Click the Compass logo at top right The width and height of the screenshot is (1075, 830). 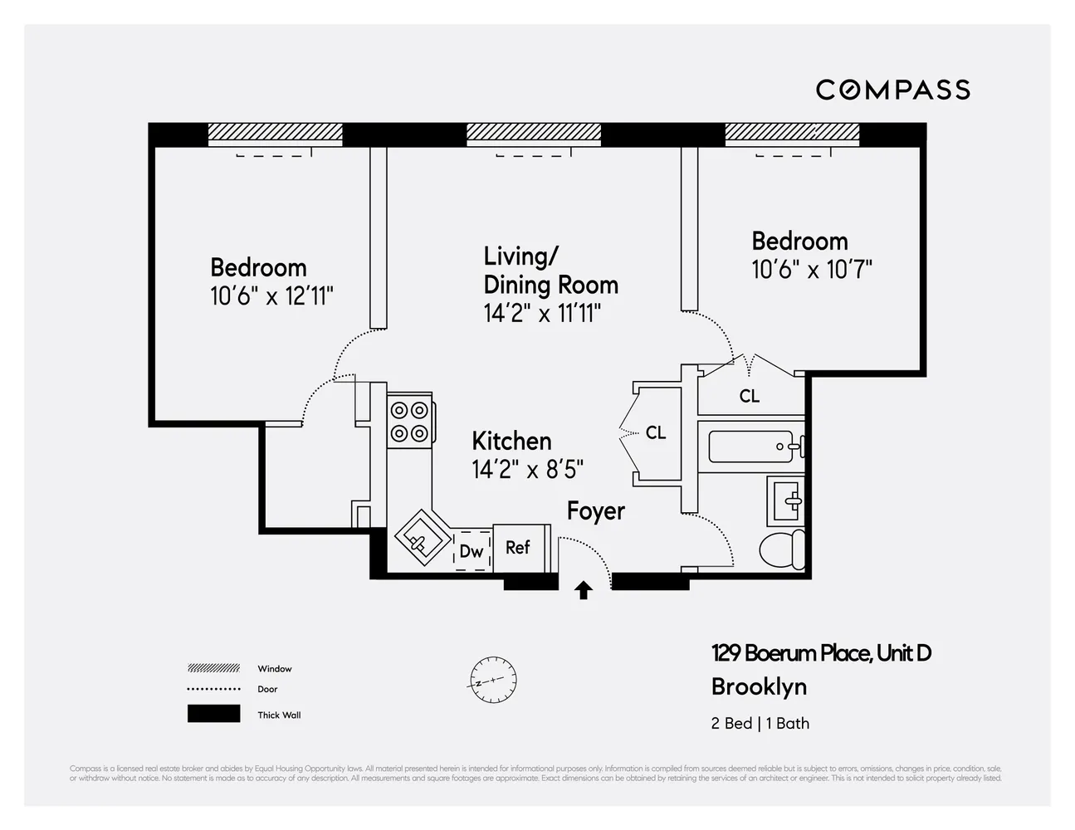click(892, 90)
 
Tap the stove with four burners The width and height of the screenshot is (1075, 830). click(410, 421)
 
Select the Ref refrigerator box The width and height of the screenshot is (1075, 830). click(519, 548)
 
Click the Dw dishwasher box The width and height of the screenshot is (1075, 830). click(472, 551)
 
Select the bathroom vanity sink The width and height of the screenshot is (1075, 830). click(785, 500)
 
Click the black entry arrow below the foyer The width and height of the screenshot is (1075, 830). click(584, 590)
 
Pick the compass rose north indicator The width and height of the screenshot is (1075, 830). click(491, 680)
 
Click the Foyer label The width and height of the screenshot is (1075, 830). click(595, 511)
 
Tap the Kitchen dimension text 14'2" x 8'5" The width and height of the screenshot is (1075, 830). click(527, 470)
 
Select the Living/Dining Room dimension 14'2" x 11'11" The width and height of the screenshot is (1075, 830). click(542, 313)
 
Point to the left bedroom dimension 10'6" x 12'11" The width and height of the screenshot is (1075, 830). click(271, 296)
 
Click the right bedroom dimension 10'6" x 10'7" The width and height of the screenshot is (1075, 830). click(811, 270)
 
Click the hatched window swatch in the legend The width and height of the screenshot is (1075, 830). click(213, 668)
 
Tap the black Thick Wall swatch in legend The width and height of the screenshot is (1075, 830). click(213, 714)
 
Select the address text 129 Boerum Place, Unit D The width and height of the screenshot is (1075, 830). click(820, 653)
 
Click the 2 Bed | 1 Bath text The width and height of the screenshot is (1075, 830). click(760, 723)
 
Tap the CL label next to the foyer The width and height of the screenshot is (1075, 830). click(656, 432)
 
